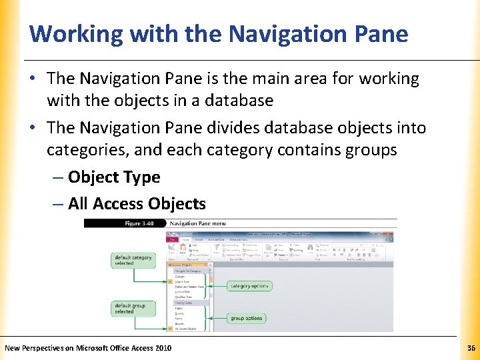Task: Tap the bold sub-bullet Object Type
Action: (114, 177)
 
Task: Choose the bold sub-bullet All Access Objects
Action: (137, 203)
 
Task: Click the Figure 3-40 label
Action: (142, 223)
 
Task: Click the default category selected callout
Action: (133, 260)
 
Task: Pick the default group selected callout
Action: (132, 308)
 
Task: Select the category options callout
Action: (249, 286)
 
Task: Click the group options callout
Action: (246, 318)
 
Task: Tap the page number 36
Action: (471, 348)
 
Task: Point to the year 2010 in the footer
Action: (163, 348)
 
